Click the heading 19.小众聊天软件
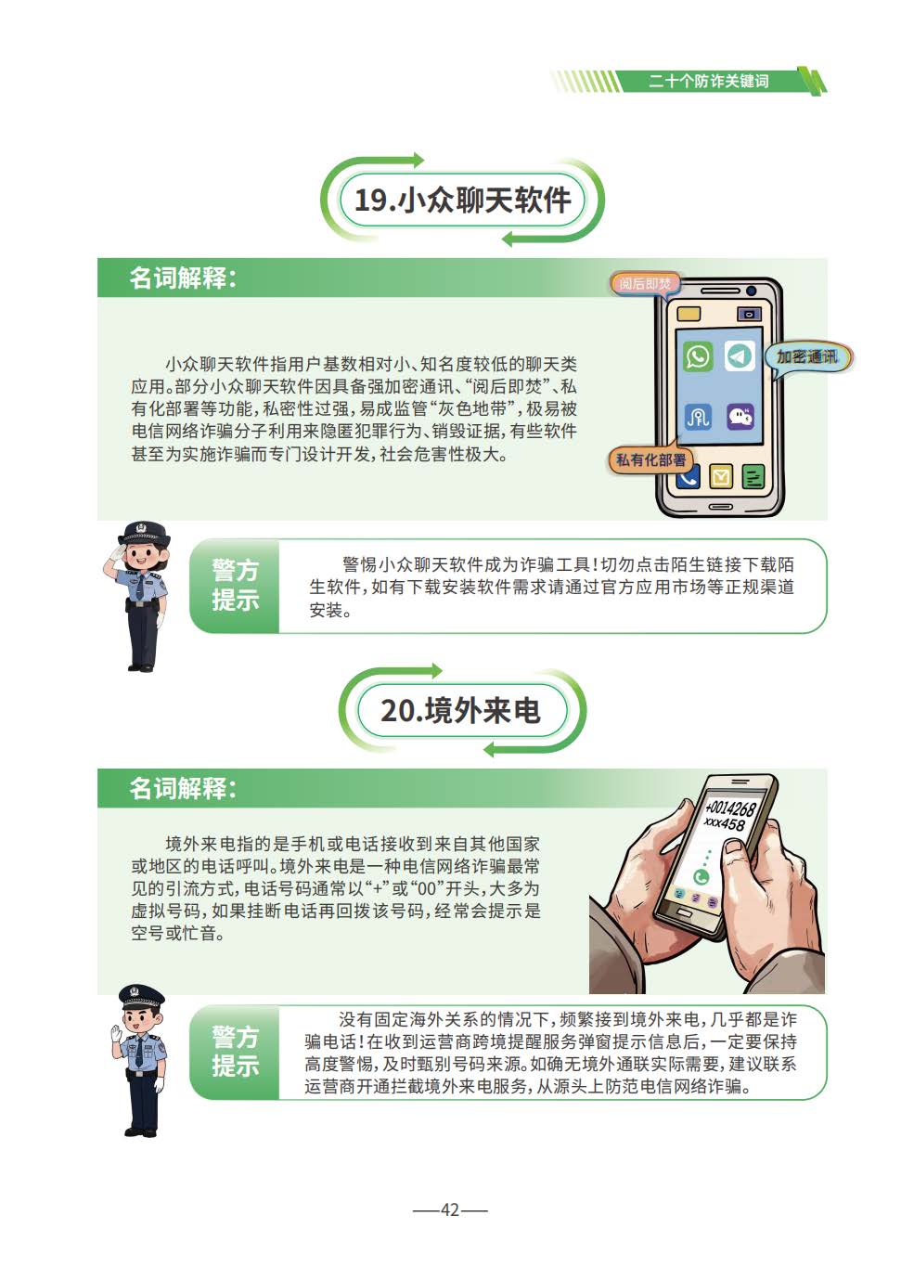(462, 200)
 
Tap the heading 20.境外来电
(460, 710)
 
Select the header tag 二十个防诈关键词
(708, 82)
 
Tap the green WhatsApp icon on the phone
(698, 356)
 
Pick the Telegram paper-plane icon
(740, 356)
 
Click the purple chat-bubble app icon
(740, 417)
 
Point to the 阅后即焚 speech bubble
(644, 284)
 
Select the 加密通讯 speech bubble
(807, 358)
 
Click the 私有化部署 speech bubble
(650, 459)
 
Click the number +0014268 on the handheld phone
(730, 806)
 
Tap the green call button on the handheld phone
(701, 877)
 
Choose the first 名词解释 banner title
(183, 278)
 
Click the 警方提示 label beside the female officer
(236, 585)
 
